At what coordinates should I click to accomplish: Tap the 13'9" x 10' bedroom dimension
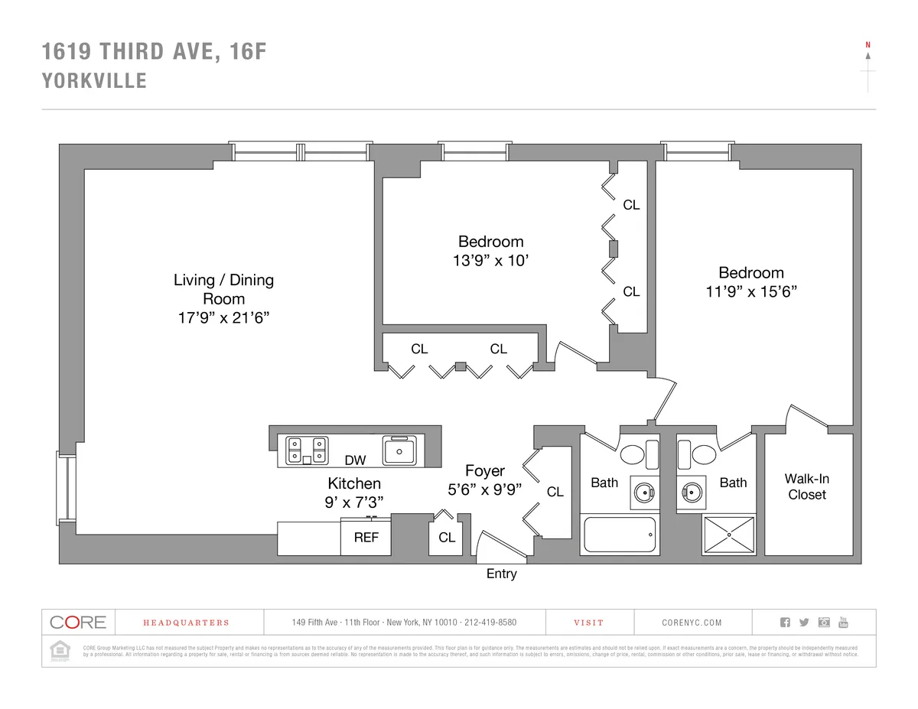point(490,260)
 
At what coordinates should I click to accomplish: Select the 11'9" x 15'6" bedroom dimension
point(750,291)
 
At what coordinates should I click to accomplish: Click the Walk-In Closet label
point(807,486)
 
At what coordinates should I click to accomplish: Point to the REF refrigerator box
point(366,538)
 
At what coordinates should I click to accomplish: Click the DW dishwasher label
point(355,460)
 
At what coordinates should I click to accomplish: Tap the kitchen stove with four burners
point(307,450)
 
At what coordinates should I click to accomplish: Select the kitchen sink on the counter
point(399,450)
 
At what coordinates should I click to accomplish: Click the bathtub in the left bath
point(620,534)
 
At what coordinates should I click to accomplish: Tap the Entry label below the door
point(501,574)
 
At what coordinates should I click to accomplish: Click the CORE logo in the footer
point(77,622)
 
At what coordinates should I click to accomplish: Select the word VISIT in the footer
point(588,623)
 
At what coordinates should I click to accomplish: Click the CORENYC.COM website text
point(692,623)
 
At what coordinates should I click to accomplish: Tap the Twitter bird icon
point(804,622)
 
